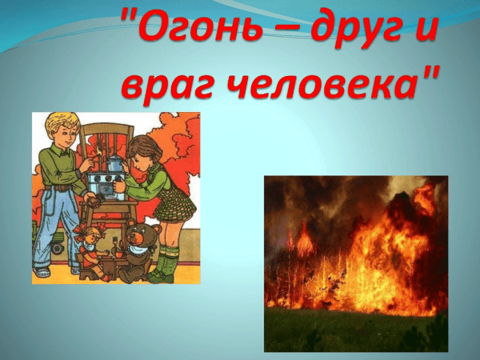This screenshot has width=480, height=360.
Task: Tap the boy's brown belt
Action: [x=60, y=190]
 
